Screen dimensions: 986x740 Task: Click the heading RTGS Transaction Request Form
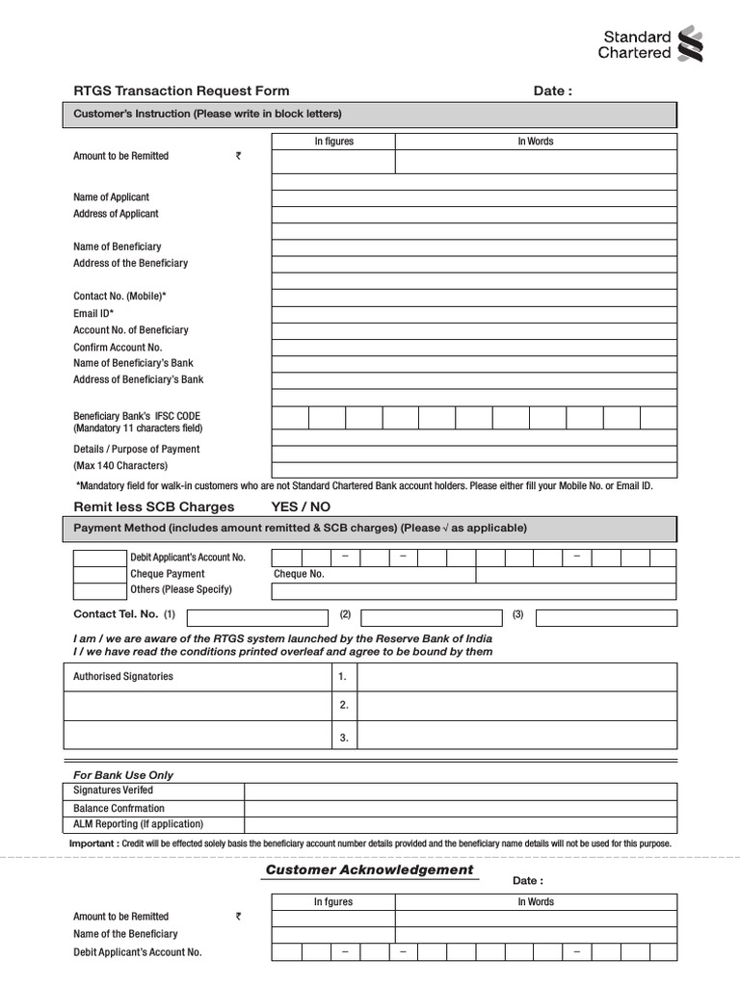point(181,91)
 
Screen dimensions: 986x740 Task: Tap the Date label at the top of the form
point(552,91)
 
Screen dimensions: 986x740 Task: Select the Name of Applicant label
point(111,196)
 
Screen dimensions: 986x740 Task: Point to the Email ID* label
point(93,313)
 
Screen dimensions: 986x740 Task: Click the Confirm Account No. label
point(118,347)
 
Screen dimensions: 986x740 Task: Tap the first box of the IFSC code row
point(290,417)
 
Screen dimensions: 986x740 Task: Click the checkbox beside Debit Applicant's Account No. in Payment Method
point(100,558)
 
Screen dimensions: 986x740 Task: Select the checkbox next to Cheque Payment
point(100,574)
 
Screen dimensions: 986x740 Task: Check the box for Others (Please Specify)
point(100,590)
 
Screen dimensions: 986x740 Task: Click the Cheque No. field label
point(299,574)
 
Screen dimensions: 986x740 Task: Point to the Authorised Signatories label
point(123,676)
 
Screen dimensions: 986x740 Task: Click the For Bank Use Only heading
point(123,774)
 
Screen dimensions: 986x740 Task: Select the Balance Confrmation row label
point(119,808)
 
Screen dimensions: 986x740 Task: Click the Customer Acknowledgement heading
point(369,869)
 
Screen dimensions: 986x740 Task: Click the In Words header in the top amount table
point(536,142)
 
